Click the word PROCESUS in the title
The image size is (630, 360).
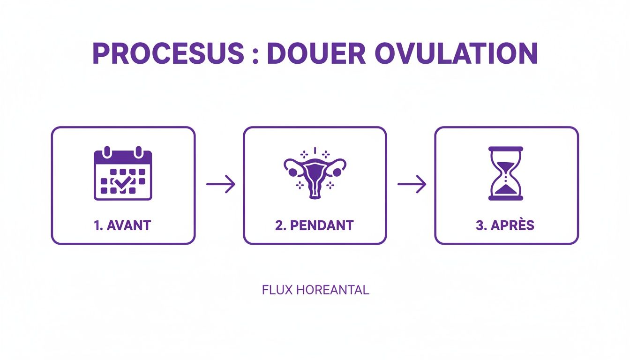tap(168, 53)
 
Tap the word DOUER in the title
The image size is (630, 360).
tap(316, 53)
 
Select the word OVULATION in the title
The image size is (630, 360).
tap(456, 53)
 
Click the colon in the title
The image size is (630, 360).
tap(255, 55)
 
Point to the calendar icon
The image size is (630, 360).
tap(123, 173)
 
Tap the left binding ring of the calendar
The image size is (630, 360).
tap(107, 152)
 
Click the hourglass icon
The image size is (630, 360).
tap(506, 173)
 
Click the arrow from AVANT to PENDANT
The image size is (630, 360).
tap(220, 184)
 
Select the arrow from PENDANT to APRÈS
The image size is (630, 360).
tap(412, 184)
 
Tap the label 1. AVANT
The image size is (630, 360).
tap(122, 225)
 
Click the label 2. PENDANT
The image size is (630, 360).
tap(315, 225)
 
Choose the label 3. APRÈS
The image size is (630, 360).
tap(505, 225)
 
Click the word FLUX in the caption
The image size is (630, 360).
tap(277, 290)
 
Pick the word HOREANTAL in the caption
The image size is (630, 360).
tap(333, 290)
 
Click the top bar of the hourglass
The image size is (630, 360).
tap(506, 149)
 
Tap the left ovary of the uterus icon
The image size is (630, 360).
tap(293, 172)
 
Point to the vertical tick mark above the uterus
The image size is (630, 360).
tap(315, 150)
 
